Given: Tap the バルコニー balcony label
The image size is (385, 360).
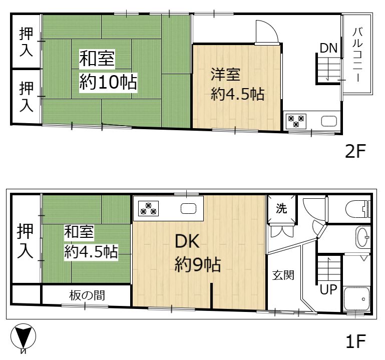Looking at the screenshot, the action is coord(357,55).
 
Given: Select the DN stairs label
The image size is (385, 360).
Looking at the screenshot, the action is coord(329,48).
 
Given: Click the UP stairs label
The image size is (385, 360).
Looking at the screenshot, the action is coord(328,289).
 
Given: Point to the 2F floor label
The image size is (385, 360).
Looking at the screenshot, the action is coord(355,151).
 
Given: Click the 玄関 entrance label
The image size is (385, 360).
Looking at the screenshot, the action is coord(283,275).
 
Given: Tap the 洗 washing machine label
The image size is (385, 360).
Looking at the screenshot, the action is coord(281,208).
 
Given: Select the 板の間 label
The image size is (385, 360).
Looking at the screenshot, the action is coord(87,295).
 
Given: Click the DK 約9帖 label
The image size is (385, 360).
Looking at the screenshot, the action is coord(198,253).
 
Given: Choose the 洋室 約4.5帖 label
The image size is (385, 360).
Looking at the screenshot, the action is coord(237,84).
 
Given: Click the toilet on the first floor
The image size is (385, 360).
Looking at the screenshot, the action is coord(357,209).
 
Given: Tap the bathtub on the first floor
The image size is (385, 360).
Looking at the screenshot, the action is coord(357,299).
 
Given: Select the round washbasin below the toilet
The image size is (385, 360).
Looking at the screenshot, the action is coord(362,237).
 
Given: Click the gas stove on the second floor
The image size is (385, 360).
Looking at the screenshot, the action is coord(296,121).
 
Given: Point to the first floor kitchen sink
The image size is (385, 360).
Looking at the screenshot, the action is coord(188,209).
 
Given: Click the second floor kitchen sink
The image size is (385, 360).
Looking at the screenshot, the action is coord(329,121).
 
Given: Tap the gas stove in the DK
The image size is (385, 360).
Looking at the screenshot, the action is coord(148,208).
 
